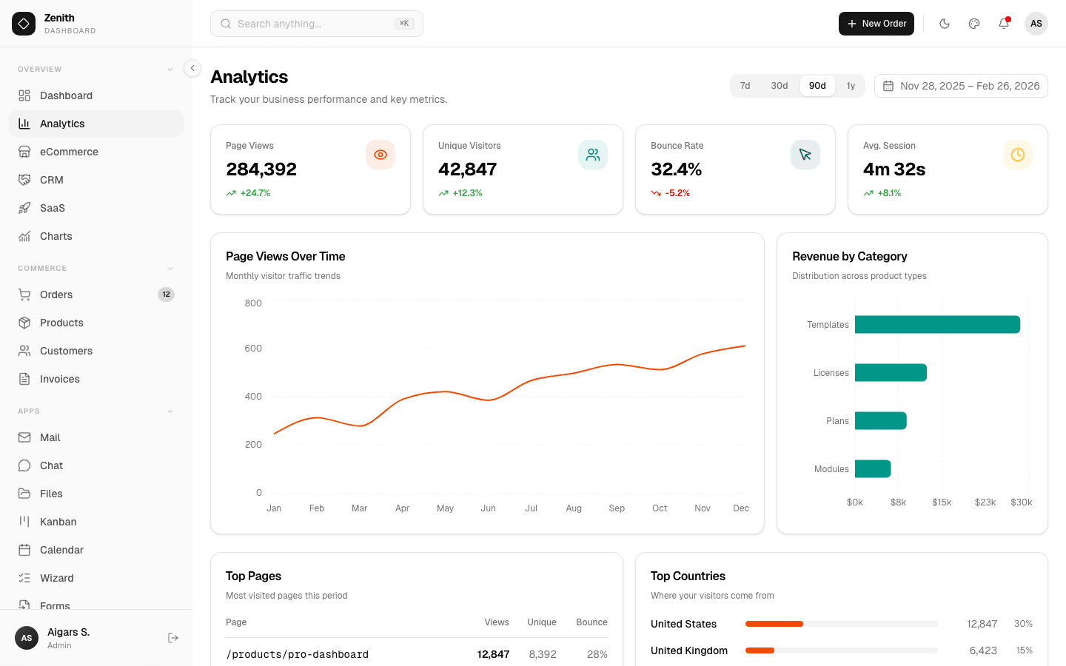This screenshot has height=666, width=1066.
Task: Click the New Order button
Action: [x=876, y=24]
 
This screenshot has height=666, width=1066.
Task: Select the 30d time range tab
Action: [x=779, y=86]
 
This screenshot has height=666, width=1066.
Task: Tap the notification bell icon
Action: [x=1004, y=24]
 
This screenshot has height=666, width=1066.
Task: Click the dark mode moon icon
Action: [x=945, y=24]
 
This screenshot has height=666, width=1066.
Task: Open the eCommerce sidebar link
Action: [x=69, y=152]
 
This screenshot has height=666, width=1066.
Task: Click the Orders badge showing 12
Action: [x=166, y=295]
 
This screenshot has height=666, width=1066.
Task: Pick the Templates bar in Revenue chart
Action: [x=937, y=325]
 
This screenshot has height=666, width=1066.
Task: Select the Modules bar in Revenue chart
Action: [x=873, y=469]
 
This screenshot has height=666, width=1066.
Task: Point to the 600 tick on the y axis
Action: [x=253, y=349]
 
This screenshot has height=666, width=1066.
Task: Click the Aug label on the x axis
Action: [x=574, y=508]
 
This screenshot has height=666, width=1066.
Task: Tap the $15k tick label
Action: [x=942, y=502]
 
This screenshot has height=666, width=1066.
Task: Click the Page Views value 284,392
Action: [x=261, y=169]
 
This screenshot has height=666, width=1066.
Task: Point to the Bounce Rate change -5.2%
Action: [x=677, y=193]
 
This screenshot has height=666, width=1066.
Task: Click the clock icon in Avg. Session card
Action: [x=1018, y=155]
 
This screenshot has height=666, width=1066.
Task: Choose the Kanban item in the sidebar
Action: [x=58, y=522]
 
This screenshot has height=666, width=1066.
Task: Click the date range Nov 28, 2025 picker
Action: [x=961, y=86]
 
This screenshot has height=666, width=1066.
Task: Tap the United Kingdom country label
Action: [x=689, y=650]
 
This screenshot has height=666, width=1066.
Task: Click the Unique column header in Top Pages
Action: [x=542, y=622]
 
